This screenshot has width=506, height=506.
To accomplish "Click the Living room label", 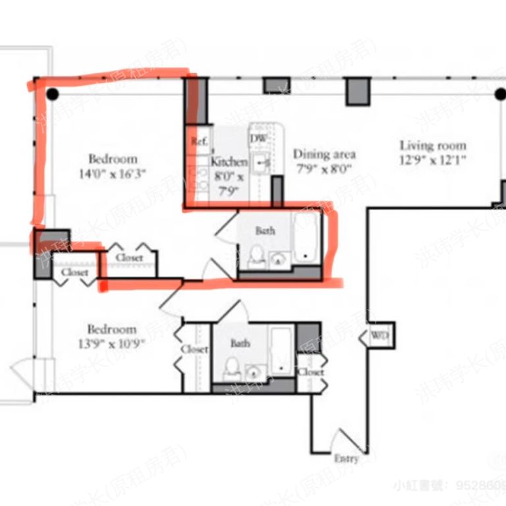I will pyautogui.click(x=433, y=146).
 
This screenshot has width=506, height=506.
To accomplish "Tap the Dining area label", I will pyautogui.click(x=324, y=154).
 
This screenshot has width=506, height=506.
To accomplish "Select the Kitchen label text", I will pyautogui.click(x=229, y=161).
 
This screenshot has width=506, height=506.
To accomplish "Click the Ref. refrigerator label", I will pyautogui.click(x=199, y=141).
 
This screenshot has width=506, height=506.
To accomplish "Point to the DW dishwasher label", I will pyautogui.click(x=258, y=138).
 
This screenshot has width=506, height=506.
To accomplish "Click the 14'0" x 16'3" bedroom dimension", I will pyautogui.click(x=113, y=175).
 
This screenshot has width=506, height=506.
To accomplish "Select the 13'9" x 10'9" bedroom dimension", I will pyautogui.click(x=113, y=343).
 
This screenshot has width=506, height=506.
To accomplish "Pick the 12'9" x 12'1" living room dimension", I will pyautogui.click(x=433, y=160).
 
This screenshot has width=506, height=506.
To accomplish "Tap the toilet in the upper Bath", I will pyautogui.click(x=256, y=256).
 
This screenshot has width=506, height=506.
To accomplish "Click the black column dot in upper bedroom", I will pyautogui.click(x=53, y=95).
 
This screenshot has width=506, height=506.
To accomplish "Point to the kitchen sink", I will pyautogui.click(x=262, y=161).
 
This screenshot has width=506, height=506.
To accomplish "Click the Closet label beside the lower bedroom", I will pyautogui.click(x=194, y=349).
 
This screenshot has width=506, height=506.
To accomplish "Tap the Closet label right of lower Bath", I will pyautogui.click(x=310, y=372).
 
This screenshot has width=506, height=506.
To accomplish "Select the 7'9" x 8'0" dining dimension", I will pyautogui.click(x=324, y=169).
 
